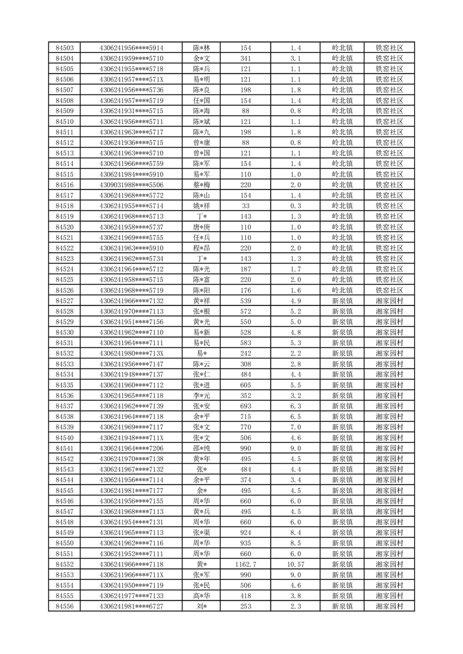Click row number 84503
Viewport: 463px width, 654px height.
point(64,48)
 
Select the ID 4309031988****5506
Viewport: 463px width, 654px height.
point(131,185)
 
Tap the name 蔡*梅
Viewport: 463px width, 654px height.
point(202,185)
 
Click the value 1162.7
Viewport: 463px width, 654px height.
point(245,564)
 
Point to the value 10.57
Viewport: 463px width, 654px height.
point(296,564)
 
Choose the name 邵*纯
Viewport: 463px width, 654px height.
point(202,448)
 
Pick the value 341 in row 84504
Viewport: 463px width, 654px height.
point(245,58)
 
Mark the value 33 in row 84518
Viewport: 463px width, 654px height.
point(245,206)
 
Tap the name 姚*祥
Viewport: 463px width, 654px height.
point(202,206)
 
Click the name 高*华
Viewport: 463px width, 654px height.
point(202,596)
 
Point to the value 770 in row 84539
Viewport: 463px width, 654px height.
point(245,427)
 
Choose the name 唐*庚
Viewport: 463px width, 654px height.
point(202,227)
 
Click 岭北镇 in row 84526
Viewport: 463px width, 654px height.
point(342,290)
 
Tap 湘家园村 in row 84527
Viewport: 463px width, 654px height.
point(390,301)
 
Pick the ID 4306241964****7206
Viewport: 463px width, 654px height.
point(131,448)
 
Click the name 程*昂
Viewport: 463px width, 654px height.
point(202,248)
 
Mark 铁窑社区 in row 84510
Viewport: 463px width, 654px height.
point(390,121)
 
